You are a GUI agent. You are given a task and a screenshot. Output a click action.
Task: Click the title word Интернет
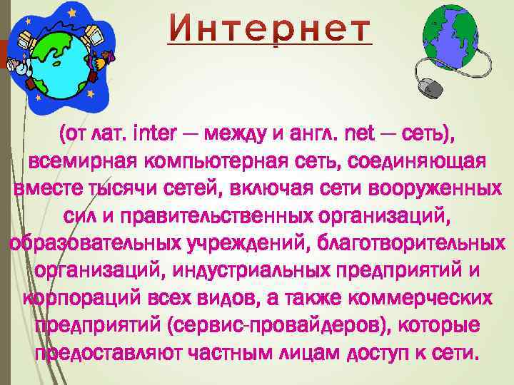(x=270, y=29)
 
